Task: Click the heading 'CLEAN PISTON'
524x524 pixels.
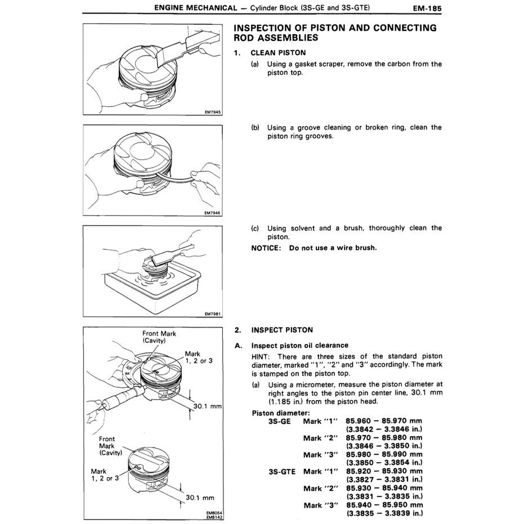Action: (279, 52)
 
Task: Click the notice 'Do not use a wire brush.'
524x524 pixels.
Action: (333, 248)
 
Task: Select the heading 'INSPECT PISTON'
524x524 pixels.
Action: (282, 330)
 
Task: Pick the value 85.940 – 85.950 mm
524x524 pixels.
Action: (384, 505)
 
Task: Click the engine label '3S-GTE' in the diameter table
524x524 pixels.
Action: (284, 472)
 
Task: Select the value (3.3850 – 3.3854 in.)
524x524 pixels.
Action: (384, 463)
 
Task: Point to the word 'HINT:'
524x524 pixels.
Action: (262, 356)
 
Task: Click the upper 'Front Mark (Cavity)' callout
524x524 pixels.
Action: (159, 337)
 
